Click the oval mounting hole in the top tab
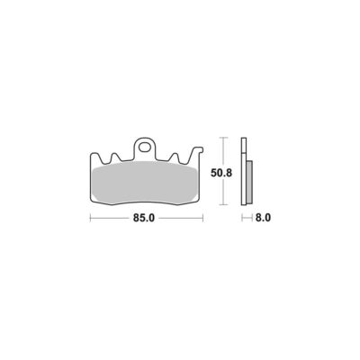(x=145, y=148)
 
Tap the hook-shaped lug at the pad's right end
(x=198, y=151)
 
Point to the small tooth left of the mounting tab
(x=115, y=157)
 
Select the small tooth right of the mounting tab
(x=175, y=157)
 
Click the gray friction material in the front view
(x=144, y=183)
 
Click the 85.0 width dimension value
(x=144, y=218)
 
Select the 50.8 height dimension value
(x=221, y=173)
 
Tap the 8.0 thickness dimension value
(x=263, y=218)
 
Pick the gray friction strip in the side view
(x=249, y=182)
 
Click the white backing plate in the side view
(x=244, y=171)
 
